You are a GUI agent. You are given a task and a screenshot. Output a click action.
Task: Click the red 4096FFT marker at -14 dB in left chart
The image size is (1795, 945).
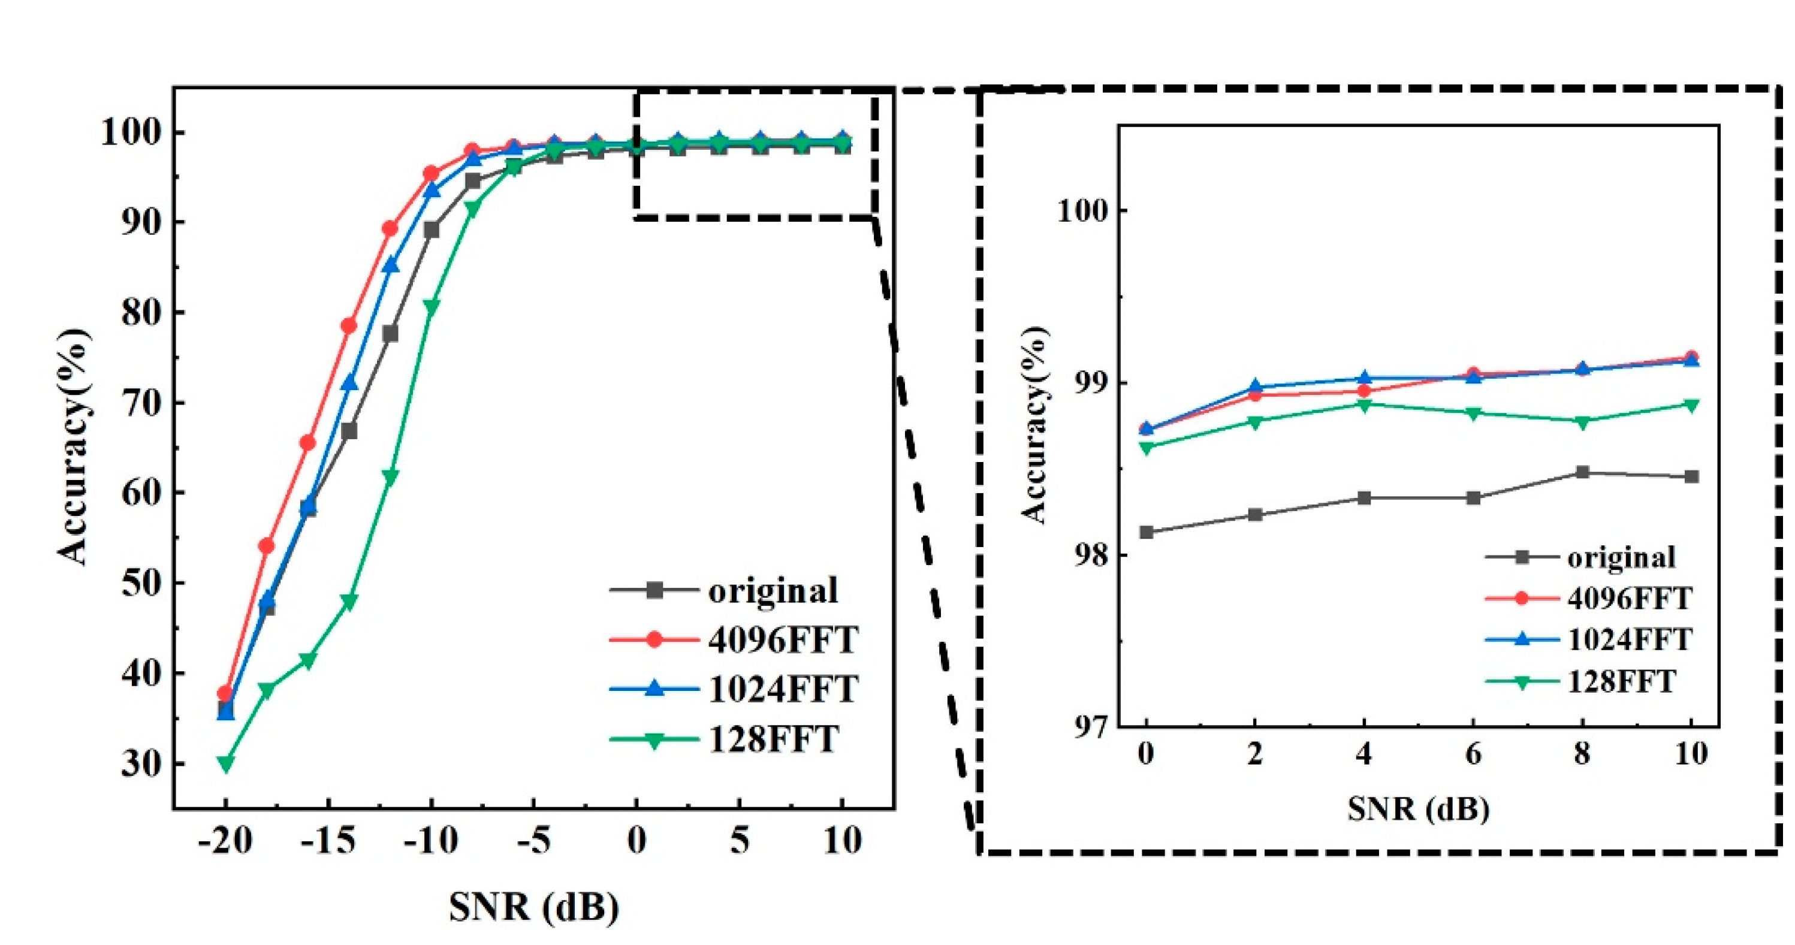pos(348,325)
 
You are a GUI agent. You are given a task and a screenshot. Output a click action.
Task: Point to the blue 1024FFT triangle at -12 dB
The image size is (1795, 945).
pos(390,265)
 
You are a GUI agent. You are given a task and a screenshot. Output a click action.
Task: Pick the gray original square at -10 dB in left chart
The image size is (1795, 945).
pos(432,230)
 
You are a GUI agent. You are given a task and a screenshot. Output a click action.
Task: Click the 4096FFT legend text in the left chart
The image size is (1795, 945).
pos(783,640)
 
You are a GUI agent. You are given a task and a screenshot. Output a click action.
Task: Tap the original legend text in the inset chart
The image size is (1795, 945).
pos(1621,557)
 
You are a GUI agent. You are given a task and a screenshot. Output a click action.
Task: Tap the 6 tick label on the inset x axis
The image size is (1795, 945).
pos(1473,753)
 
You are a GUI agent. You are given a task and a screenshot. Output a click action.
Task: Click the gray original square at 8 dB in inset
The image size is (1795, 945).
pos(1582,472)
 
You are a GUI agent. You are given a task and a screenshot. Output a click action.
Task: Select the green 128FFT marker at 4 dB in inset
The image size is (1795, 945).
pos(1364,405)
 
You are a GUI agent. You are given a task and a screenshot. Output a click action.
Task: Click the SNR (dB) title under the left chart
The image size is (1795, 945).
pos(534,907)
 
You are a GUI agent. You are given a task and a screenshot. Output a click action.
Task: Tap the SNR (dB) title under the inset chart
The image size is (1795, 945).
pos(1418,809)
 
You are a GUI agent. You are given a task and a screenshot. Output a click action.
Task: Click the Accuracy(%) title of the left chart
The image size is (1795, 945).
pos(73,446)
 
